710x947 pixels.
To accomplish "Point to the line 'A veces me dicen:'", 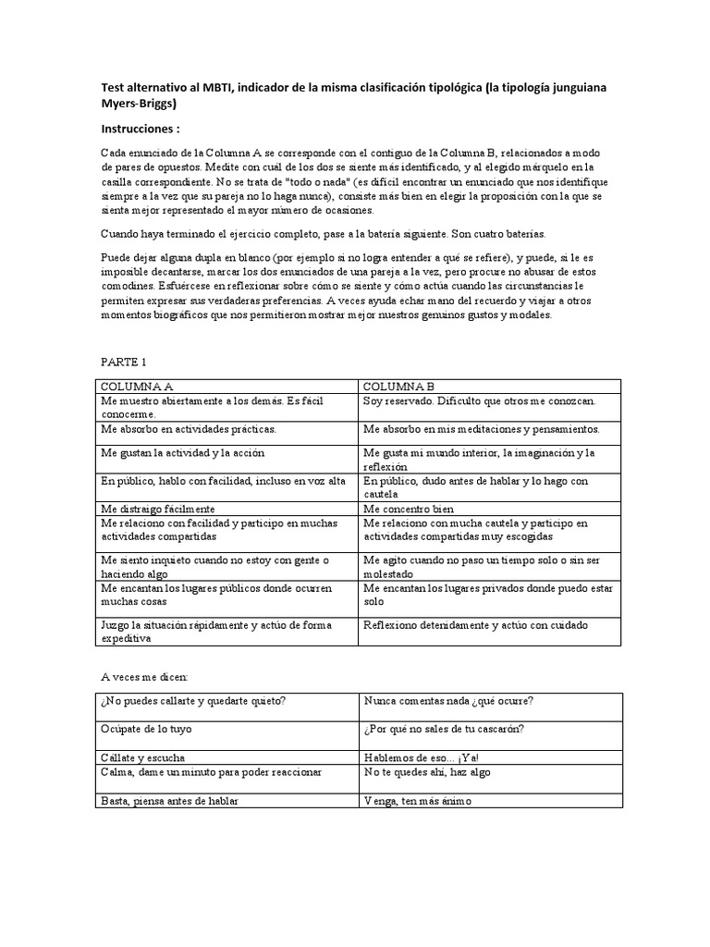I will point(142,677).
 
